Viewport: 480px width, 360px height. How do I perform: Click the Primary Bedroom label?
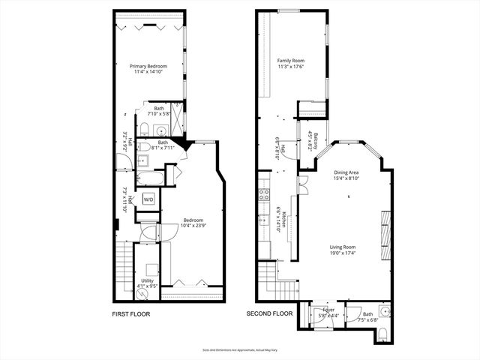[147, 67]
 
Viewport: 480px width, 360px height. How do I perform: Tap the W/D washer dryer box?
[148, 199]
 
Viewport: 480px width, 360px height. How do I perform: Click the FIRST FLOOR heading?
[134, 313]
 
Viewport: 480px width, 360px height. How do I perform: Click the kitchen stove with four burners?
[263, 196]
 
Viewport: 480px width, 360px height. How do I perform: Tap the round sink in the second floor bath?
[383, 310]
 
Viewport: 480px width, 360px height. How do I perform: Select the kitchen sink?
[263, 220]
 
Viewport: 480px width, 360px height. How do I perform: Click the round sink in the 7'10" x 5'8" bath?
[142, 127]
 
